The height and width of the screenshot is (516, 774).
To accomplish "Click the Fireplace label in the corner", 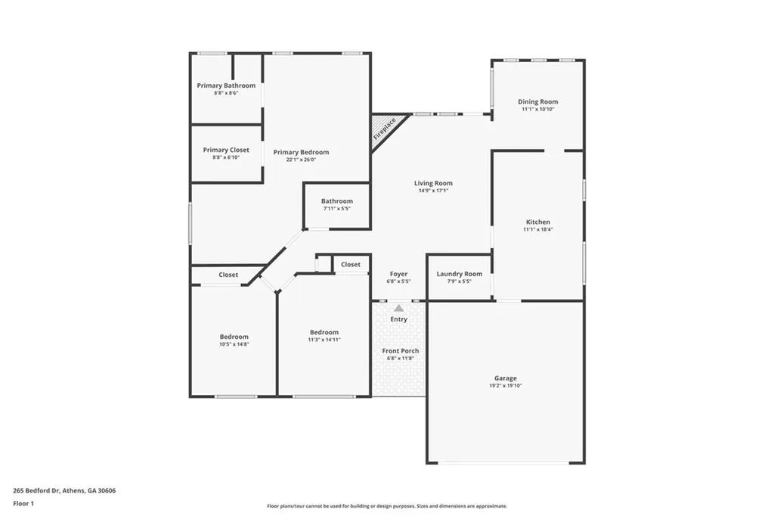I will point(385,129).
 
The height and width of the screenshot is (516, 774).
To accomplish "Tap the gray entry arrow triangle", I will point(398,308).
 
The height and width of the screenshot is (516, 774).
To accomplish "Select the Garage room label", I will point(506,378).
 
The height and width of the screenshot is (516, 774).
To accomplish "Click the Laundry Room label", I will point(459,274).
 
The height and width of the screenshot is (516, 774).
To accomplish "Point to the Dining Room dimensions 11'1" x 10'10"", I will point(537,110).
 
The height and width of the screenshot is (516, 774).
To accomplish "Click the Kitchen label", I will point(537,222).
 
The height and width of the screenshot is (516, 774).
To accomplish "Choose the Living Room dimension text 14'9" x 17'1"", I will point(433,191).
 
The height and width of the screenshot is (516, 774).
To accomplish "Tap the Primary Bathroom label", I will point(226,85).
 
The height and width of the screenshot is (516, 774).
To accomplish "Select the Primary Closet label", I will point(226,150).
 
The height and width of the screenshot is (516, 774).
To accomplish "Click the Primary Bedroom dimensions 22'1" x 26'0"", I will point(301,160).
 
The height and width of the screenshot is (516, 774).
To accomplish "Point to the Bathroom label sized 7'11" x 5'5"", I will point(336,201).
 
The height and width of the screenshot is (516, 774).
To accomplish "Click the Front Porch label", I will point(400,351).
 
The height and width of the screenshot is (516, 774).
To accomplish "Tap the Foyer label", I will point(398,274).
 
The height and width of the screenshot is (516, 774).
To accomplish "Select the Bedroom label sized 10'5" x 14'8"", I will point(234,337).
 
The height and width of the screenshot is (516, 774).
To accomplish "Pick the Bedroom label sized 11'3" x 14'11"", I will point(324,332).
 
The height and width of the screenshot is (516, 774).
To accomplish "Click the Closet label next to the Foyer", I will point(351,264).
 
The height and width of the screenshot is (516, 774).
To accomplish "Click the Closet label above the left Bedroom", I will point(228,275).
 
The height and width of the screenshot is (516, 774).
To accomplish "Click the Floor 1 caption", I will point(25,503).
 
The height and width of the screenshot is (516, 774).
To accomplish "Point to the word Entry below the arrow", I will point(398,319).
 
